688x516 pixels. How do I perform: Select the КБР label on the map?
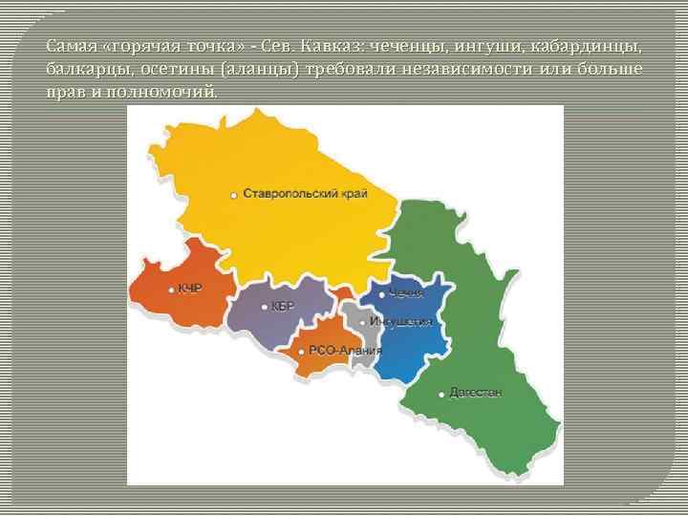pos(284,306)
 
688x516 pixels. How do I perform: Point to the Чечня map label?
pos(406,293)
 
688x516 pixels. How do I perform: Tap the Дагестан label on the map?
pos(475,392)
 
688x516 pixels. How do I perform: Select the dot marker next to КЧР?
pos(171,289)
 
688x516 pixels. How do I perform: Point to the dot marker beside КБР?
pos(264,307)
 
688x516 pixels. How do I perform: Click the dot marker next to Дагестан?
pos(441,393)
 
